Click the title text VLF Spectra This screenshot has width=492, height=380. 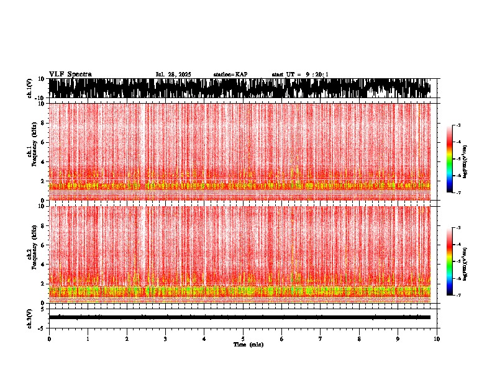70,74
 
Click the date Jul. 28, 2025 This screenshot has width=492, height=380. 173,75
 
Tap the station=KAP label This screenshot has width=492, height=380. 230,75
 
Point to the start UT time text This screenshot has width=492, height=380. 300,75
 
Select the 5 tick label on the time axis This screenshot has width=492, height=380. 243,339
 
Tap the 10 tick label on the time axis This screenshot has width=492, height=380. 437,339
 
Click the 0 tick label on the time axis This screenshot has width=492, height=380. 49,339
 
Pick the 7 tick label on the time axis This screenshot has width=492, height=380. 320,339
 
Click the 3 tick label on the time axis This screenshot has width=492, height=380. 165,339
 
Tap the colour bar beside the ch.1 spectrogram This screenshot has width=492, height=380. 450,159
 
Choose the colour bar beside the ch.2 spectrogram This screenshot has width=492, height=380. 450,261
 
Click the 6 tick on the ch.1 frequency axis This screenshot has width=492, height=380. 43,142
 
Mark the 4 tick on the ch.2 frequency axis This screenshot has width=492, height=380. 43,264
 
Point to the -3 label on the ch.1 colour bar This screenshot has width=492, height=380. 458,125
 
